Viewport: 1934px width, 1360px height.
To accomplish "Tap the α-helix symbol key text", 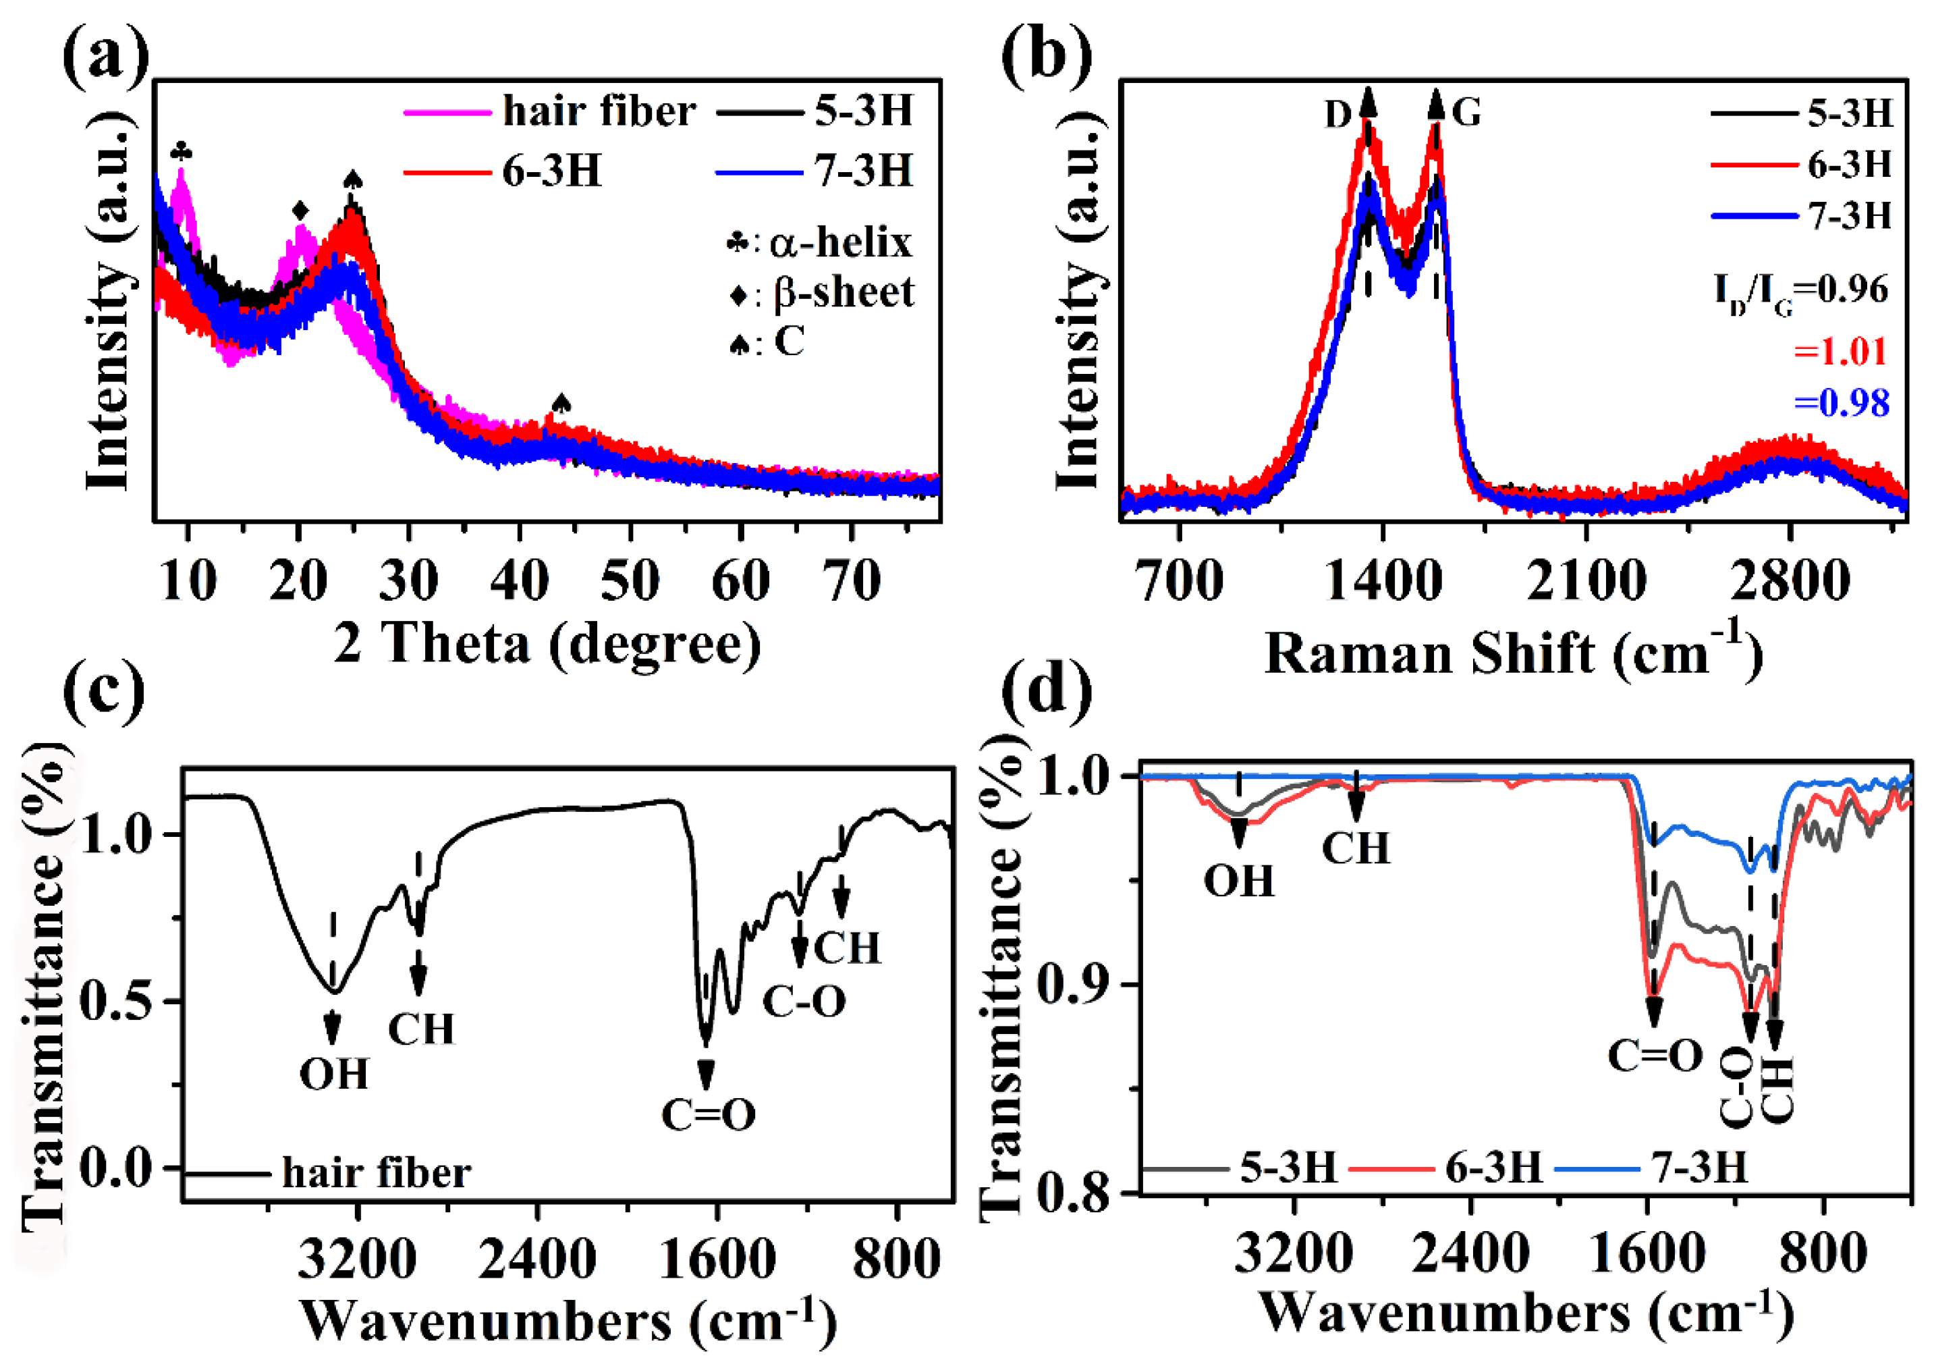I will [839, 243].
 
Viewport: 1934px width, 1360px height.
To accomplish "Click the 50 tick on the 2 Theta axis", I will [629, 580].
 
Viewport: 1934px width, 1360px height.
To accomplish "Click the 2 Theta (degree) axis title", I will [547, 645].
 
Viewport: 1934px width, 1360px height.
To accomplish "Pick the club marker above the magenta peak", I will [181, 152].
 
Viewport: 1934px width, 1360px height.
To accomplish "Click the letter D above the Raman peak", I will [1337, 114].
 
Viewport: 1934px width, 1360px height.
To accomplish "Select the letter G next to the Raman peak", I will [1466, 112].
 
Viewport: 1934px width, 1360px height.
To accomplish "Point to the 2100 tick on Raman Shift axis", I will [1585, 580].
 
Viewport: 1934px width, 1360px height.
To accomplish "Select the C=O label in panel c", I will [708, 1115].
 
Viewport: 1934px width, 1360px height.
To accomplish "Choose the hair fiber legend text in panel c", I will [376, 1172].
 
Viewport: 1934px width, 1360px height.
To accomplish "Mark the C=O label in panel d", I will [1655, 1055].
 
